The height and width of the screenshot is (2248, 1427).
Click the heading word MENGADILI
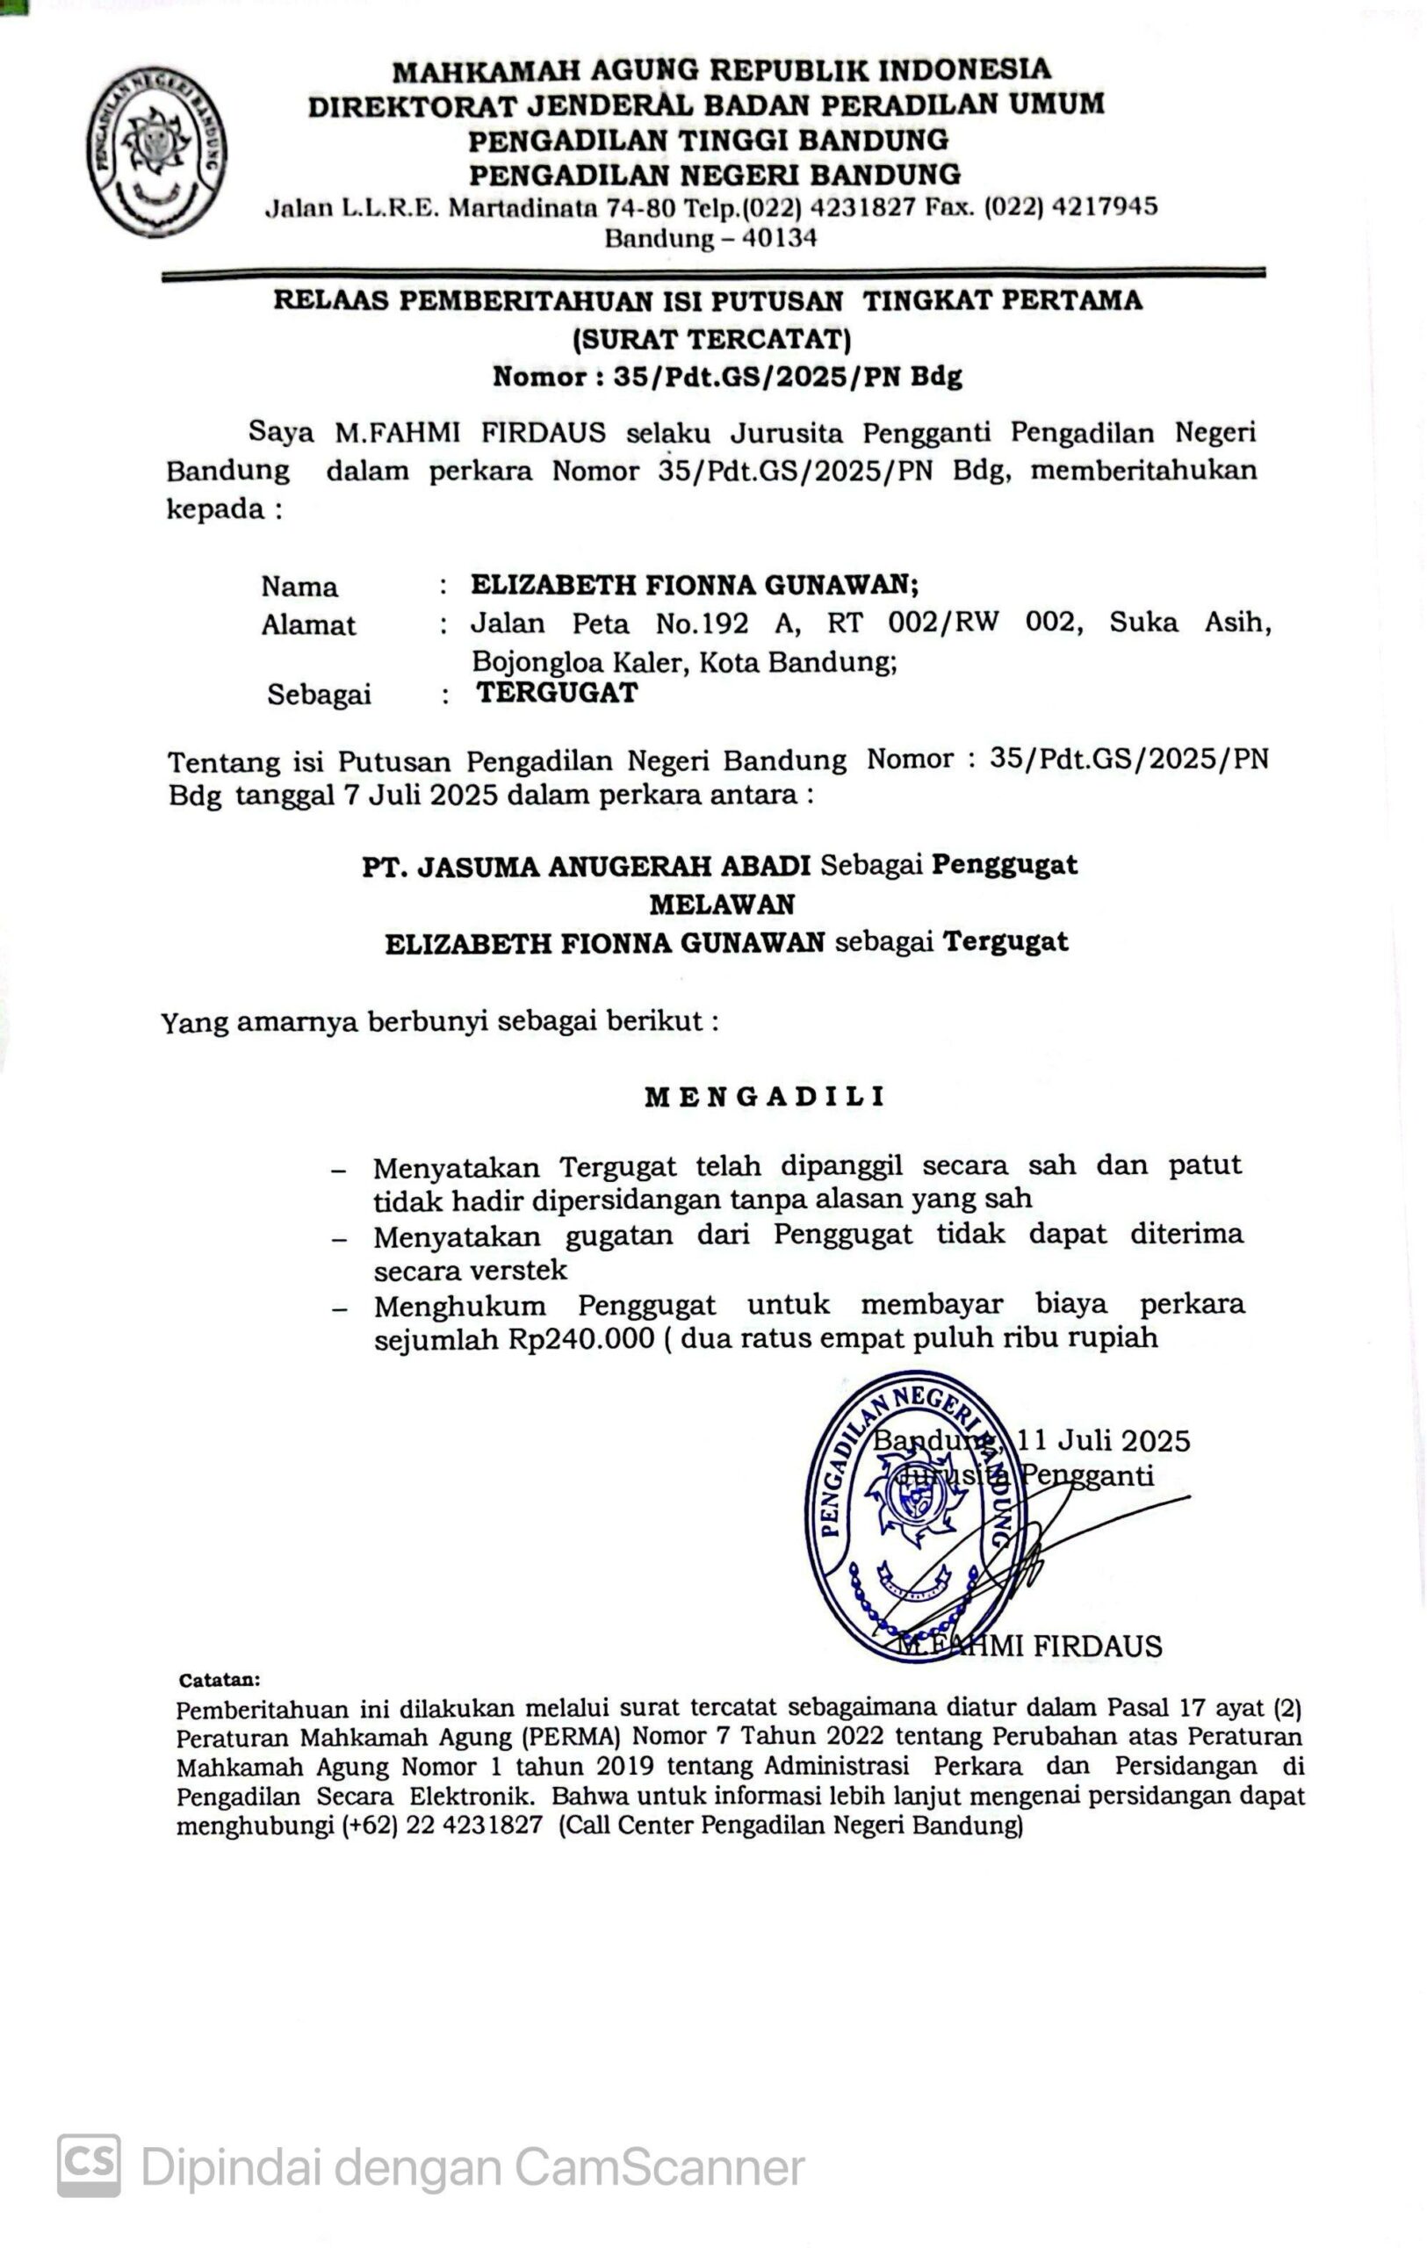764,1097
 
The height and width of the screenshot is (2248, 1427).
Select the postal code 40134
778,239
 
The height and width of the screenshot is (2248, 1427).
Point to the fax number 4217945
1104,206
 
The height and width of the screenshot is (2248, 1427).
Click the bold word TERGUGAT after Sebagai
557,693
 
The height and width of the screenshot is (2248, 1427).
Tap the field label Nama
299,587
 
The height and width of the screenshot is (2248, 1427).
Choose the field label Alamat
308,624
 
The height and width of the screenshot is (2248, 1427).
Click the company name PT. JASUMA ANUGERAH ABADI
586,867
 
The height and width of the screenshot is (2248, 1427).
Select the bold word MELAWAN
723,904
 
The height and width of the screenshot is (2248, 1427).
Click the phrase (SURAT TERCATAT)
712,338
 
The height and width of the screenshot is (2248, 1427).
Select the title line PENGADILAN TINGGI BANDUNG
708,140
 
